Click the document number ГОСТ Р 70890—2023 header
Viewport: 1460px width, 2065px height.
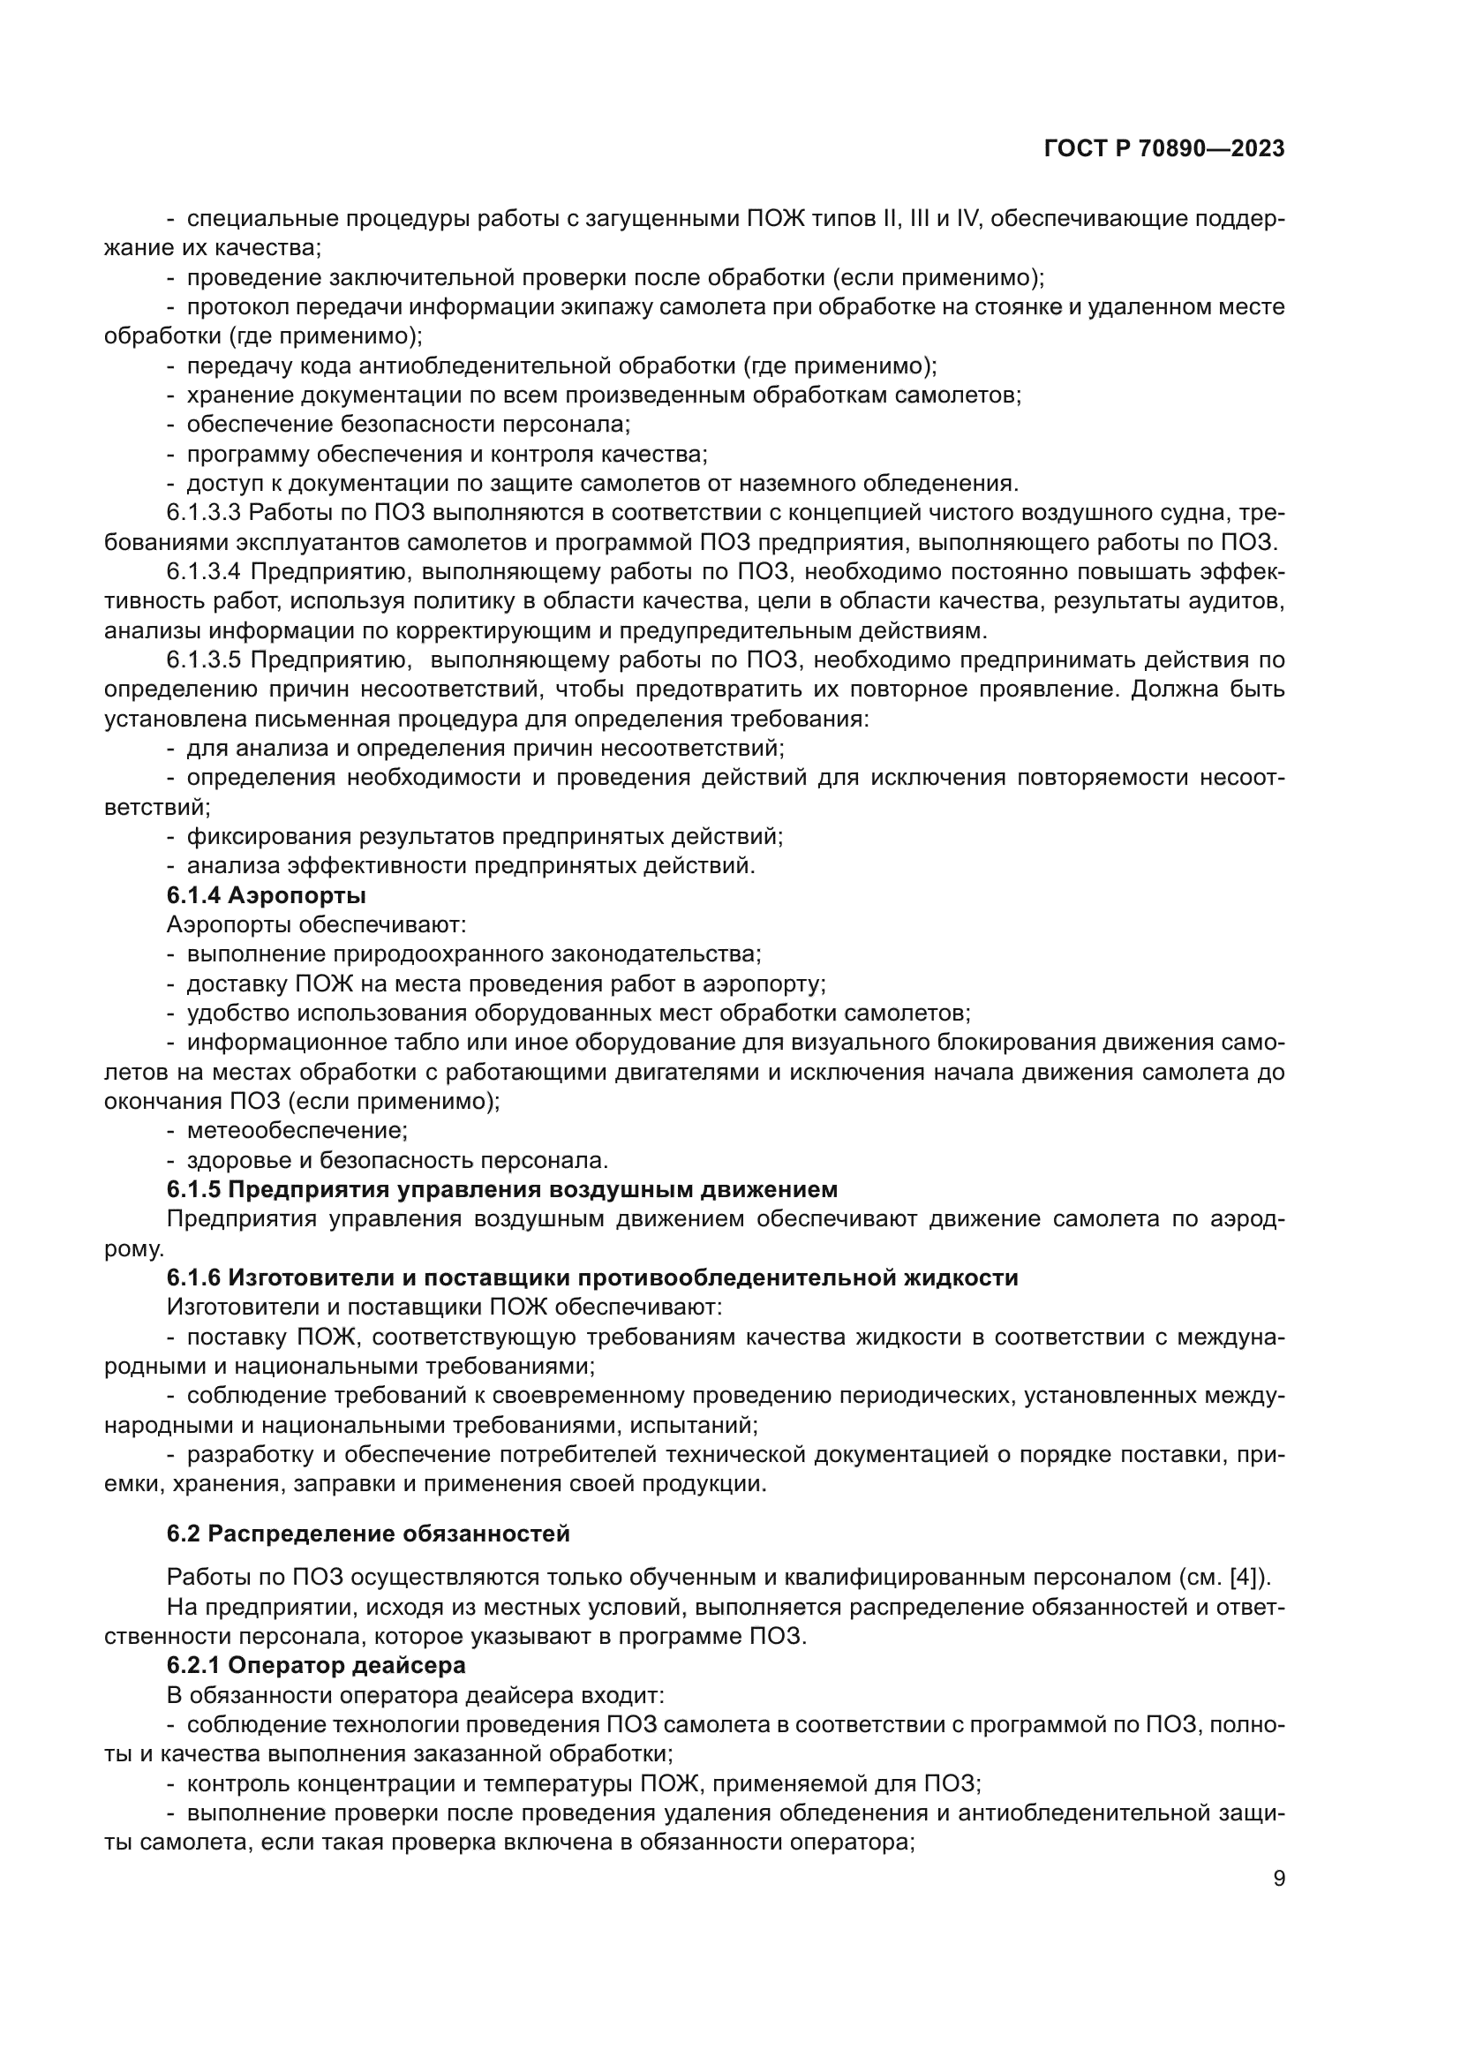click(1163, 149)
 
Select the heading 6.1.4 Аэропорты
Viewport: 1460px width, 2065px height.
click(266, 895)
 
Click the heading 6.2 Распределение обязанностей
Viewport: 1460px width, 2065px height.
click(368, 1534)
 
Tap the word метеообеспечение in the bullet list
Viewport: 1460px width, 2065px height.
click(297, 1130)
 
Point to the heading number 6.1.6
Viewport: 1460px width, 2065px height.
click(193, 1277)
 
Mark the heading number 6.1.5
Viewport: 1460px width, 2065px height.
click(193, 1189)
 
